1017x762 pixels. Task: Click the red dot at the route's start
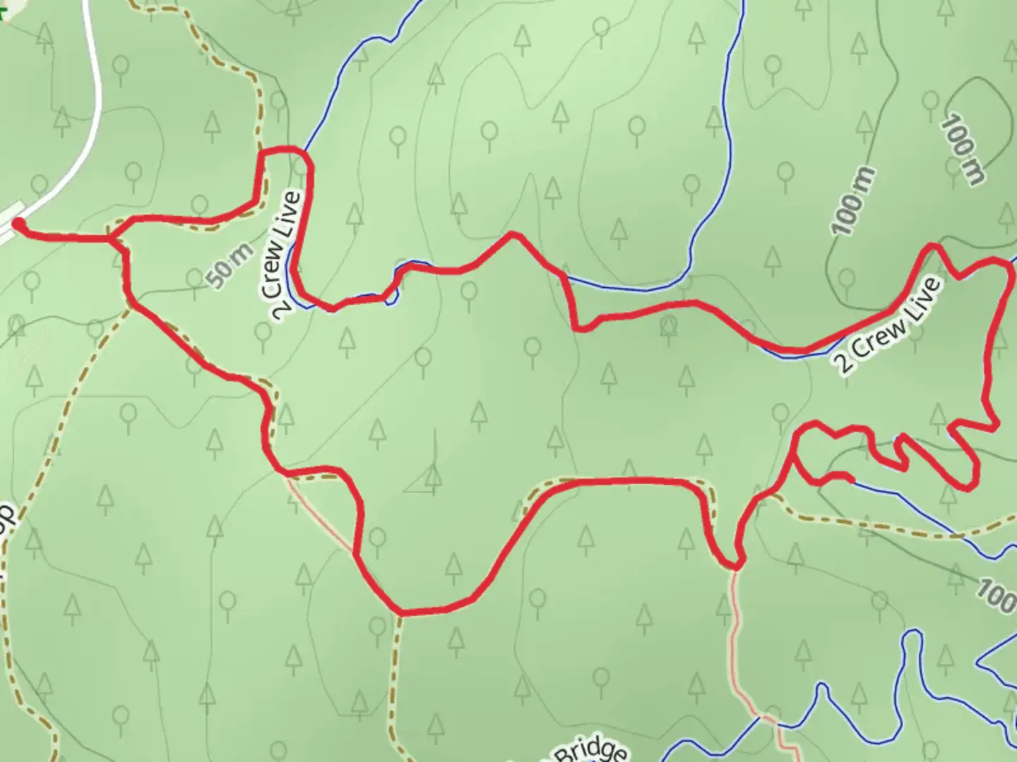tap(18, 224)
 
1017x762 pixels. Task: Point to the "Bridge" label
tap(590, 751)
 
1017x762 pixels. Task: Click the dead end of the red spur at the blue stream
tap(850, 480)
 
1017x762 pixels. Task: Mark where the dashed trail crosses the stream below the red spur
tap(968, 536)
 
